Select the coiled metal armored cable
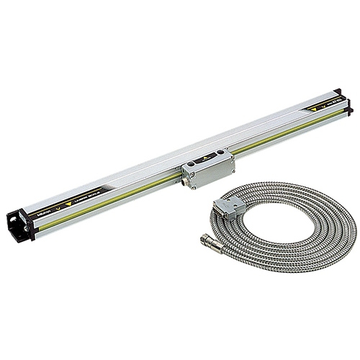tap(302, 238)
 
